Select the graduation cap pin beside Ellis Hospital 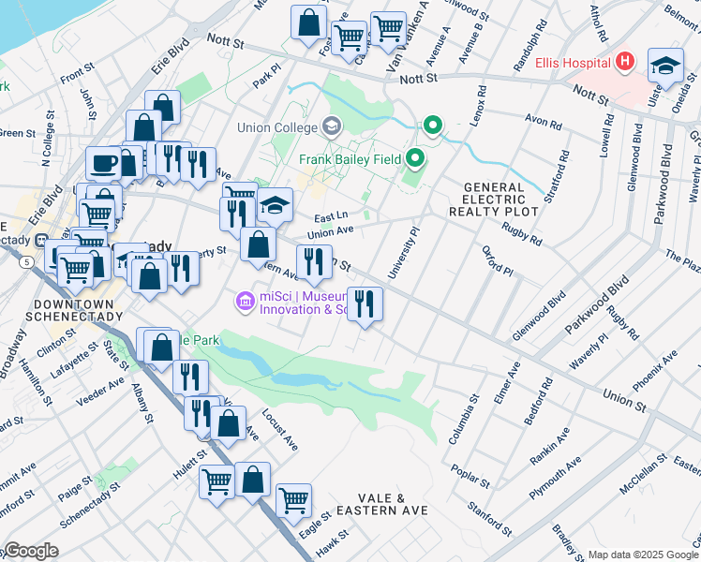665,65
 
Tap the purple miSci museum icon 245,301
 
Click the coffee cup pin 103,163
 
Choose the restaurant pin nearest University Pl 365,303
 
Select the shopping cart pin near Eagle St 293,499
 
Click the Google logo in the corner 30,551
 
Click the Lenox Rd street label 481,104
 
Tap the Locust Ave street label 279,427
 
